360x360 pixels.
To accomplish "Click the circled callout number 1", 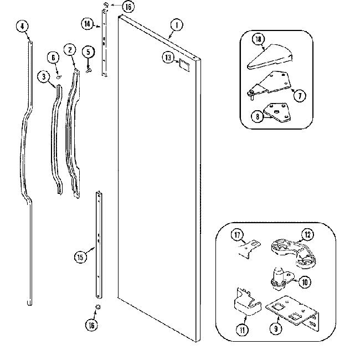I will [x=176, y=24].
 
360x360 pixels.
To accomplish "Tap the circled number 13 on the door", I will [x=168, y=56].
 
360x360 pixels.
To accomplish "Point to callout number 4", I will [x=22, y=25].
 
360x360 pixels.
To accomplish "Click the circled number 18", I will [x=259, y=39].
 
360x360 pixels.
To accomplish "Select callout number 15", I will [x=81, y=256].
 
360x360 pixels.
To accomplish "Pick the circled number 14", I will [x=88, y=23].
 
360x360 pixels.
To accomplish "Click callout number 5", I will [x=87, y=52].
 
